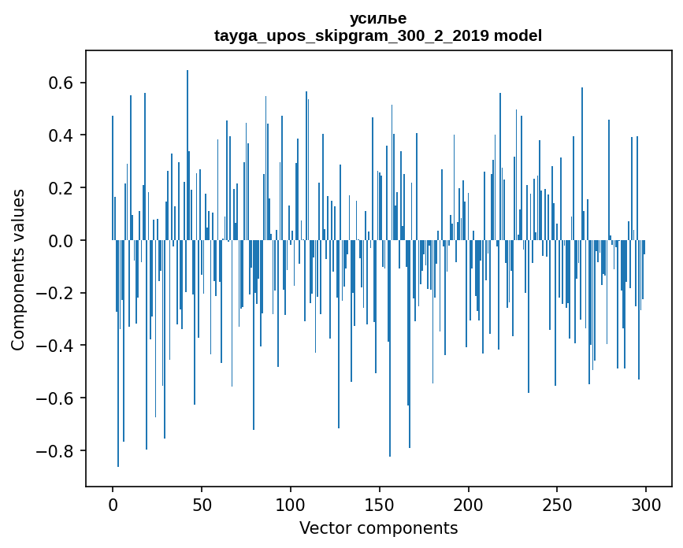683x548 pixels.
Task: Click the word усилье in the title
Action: (x=378, y=19)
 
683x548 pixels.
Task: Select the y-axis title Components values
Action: (x=18, y=269)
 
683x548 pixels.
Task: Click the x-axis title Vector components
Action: (x=378, y=528)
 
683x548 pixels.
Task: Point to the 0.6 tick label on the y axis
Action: (x=60, y=83)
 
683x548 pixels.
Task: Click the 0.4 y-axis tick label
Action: (x=60, y=135)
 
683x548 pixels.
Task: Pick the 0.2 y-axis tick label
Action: (x=60, y=188)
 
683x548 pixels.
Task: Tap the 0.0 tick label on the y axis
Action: (x=60, y=241)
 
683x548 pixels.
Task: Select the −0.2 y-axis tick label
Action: (x=55, y=294)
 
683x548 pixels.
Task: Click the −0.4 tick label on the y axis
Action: (x=55, y=346)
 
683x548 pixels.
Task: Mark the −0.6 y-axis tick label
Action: (x=55, y=399)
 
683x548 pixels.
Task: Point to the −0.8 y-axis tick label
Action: (x=55, y=452)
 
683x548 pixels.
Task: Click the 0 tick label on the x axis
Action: (x=113, y=504)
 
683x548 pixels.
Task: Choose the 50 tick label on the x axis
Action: (x=202, y=504)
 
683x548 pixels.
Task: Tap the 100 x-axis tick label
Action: (x=291, y=504)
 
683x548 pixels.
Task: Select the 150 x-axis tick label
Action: (x=380, y=504)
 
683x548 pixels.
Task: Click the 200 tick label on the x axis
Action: (x=469, y=504)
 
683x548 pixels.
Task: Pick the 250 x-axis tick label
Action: (x=557, y=504)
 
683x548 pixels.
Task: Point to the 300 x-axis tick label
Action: (x=646, y=504)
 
